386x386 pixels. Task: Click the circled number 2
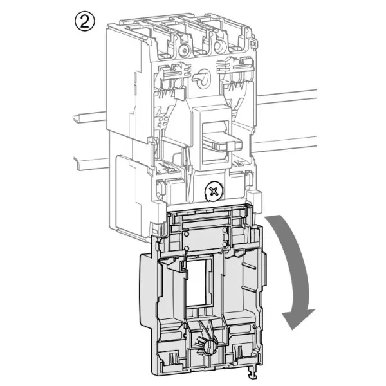coord(84,21)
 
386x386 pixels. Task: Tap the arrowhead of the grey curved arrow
coord(297,318)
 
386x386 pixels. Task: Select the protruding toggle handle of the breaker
coord(223,142)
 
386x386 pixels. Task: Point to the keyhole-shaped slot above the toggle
coord(202,78)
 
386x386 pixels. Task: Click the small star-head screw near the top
coord(183,51)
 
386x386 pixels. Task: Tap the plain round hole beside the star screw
coord(219,47)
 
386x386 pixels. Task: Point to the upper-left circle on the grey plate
coord(187,234)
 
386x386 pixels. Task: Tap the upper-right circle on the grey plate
coord(225,230)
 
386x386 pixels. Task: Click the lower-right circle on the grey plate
coord(225,244)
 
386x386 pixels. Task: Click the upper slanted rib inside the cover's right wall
coord(249,265)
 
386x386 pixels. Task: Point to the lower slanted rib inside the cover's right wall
coord(249,288)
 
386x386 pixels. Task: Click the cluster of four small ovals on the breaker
coord(163,121)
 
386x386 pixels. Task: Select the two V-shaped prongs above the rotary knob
coord(207,329)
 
